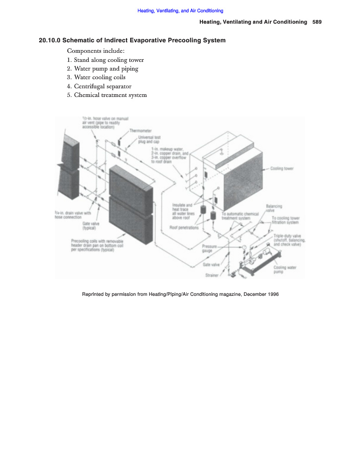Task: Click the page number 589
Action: (317, 22)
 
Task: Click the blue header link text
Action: (180, 11)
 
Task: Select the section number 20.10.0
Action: (50, 41)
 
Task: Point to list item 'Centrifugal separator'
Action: (99, 86)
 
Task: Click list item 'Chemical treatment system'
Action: (107, 95)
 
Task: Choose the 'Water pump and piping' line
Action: (102, 69)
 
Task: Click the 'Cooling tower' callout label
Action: (282, 168)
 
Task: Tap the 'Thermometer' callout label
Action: (141, 131)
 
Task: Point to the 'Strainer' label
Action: (212, 275)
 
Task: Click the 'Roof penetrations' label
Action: (184, 228)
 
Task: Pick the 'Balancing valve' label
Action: (274, 208)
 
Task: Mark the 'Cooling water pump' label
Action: (285, 270)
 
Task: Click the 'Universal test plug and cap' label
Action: (149, 139)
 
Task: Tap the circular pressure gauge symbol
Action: (244, 247)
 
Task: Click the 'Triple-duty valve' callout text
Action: (289, 240)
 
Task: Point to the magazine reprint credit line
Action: (180, 294)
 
